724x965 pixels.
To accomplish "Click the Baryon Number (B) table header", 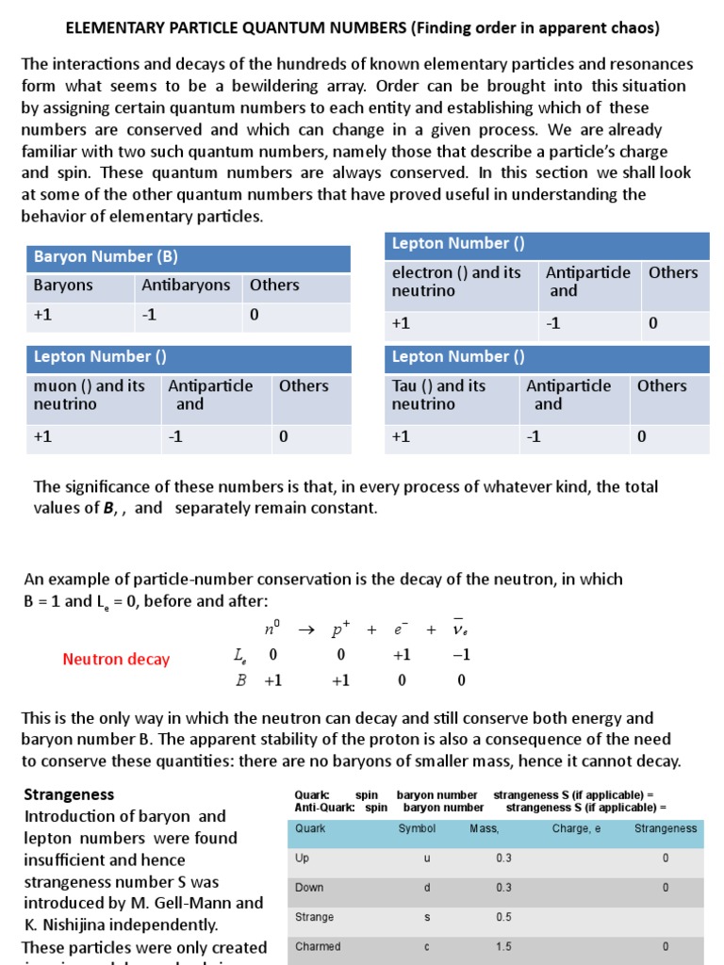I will pyautogui.click(x=106, y=257).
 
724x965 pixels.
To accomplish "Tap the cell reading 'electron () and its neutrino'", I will pyautogui.click(x=456, y=282).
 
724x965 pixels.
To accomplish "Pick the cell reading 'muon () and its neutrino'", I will pyautogui.click(x=90, y=395).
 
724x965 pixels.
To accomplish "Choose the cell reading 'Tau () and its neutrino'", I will pyautogui.click(x=439, y=395).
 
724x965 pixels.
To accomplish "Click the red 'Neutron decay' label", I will pyautogui.click(x=116, y=660).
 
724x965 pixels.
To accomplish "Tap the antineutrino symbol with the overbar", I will pyautogui.click(x=460, y=629).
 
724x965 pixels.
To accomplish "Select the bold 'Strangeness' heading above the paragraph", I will pyautogui.click(x=69, y=794).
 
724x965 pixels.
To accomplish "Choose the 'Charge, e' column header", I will pyautogui.click(x=577, y=828).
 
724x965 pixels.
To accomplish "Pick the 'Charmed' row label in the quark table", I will pyautogui.click(x=318, y=946).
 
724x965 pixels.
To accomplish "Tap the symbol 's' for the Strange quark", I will pyautogui.click(x=426, y=917).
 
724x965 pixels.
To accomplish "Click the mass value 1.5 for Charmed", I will pyautogui.click(x=503, y=946).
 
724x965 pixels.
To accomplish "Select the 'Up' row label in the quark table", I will pyautogui.click(x=303, y=859).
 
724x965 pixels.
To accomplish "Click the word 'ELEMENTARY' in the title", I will pyautogui.click(x=113, y=28).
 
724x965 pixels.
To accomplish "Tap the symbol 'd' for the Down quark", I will pyautogui.click(x=426, y=888).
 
